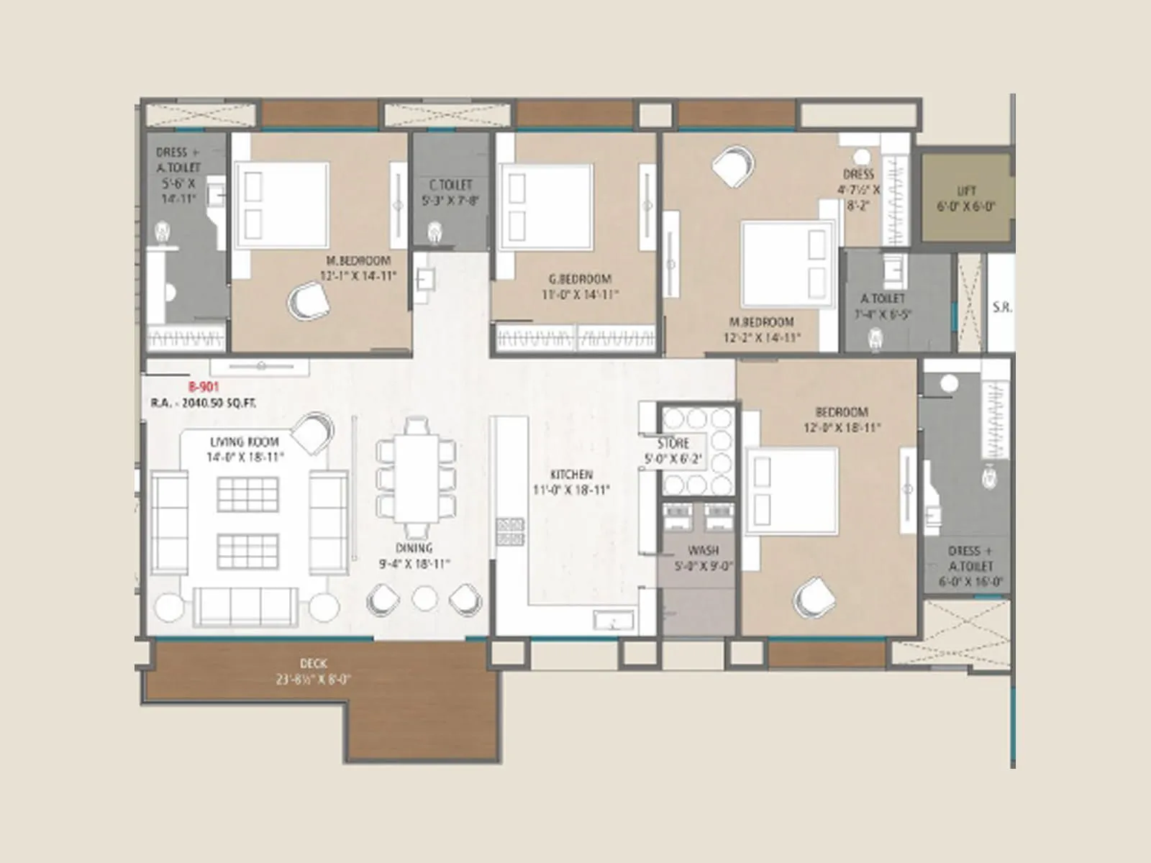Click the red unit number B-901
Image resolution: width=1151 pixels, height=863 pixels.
tap(204, 387)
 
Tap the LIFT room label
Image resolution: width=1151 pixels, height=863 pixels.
tap(966, 191)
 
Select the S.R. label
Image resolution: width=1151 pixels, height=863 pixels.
tap(1001, 307)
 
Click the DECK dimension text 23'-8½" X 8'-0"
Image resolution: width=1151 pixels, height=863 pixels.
tap(313, 679)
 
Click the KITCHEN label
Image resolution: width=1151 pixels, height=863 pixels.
tap(571, 475)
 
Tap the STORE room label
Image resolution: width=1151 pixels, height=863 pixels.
tap(673, 444)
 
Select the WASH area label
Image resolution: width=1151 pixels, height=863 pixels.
tap(703, 551)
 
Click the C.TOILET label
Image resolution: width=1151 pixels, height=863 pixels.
tap(450, 186)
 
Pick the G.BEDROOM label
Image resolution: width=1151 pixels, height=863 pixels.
tap(580, 279)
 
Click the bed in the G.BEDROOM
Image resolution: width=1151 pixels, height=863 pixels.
tap(547, 206)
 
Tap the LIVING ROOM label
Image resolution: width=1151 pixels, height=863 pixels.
tap(245, 442)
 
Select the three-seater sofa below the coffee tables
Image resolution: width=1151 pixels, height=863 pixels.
tap(245, 606)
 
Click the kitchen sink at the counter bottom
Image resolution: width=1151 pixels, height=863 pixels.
tap(613, 620)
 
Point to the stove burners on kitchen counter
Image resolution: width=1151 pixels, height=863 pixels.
tap(509, 531)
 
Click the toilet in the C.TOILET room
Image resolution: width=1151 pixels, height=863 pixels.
tap(434, 232)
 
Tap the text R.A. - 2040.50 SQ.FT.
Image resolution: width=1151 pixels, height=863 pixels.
tap(204, 403)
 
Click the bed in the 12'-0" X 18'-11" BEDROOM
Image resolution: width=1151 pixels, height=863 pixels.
tap(792, 490)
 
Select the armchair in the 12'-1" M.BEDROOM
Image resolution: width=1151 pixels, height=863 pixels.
tap(309, 301)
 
